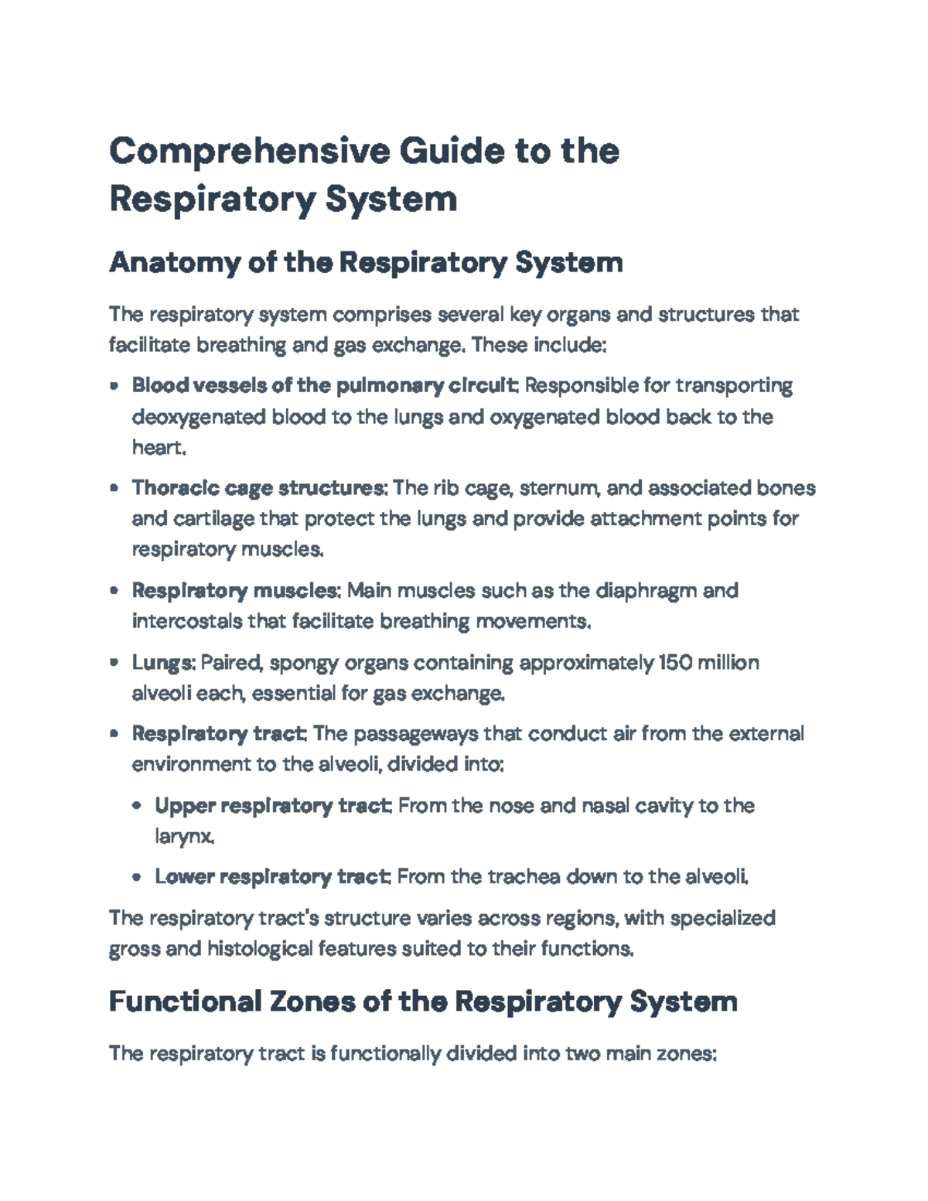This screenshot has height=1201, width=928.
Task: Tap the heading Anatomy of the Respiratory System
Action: (x=366, y=263)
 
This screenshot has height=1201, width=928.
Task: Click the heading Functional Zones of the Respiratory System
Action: (x=423, y=1001)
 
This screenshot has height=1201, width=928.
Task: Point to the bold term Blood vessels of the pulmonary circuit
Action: (x=325, y=385)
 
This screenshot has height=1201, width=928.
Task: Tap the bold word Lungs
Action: (x=162, y=663)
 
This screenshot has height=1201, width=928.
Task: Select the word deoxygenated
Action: (x=199, y=417)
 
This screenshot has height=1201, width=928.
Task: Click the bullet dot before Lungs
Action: (x=114, y=664)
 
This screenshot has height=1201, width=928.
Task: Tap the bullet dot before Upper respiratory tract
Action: (x=138, y=807)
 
